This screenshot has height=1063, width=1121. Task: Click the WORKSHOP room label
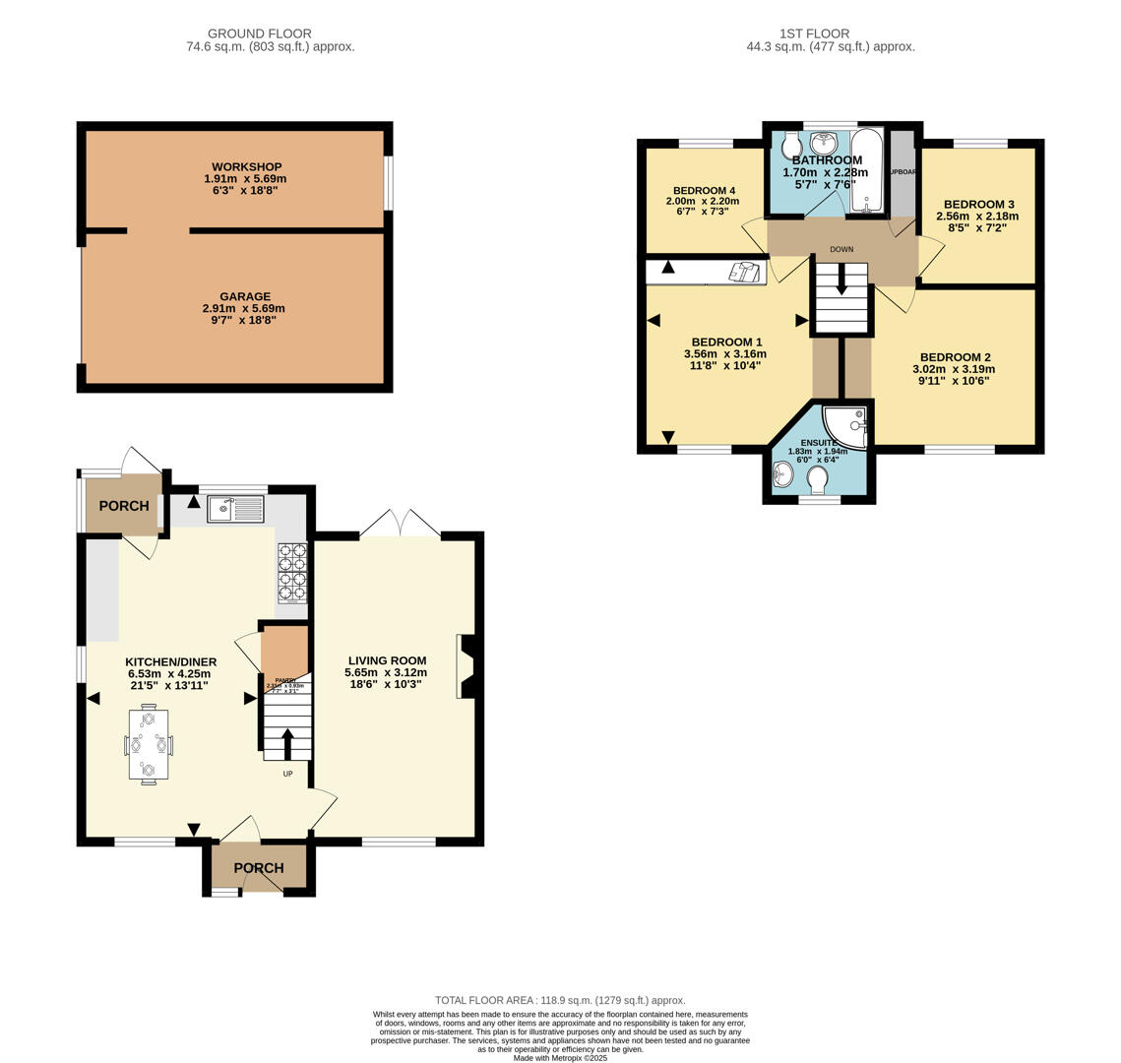[245, 167]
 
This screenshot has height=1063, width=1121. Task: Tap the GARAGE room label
[245, 296]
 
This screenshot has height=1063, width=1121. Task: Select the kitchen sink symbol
[235, 509]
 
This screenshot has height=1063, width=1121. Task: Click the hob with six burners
[292, 572]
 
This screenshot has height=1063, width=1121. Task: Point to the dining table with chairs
[149, 744]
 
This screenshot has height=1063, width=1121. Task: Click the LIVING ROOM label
[387, 661]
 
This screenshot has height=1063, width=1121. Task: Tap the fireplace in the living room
[467, 666]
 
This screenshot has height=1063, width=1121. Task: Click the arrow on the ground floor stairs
[287, 744]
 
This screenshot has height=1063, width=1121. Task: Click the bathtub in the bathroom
[867, 169]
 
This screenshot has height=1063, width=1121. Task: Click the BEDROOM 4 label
[704, 191]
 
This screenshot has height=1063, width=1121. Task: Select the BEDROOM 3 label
[978, 205]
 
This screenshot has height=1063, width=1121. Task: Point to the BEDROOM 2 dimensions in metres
[953, 369]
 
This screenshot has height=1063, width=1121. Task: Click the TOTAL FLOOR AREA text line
[560, 1000]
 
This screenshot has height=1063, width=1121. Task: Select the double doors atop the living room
[400, 524]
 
